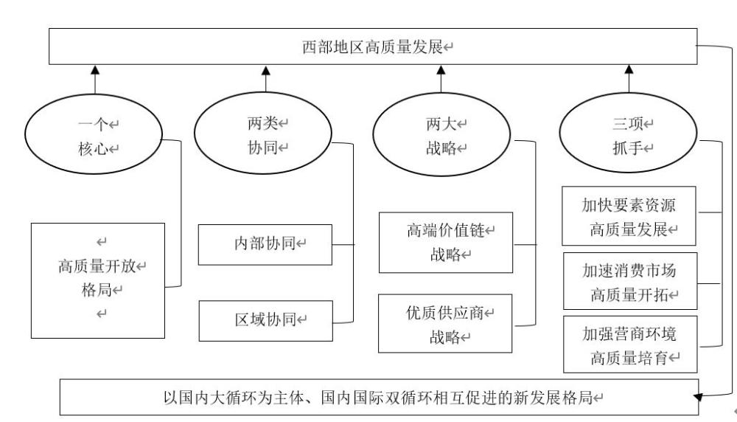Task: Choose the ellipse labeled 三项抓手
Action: tap(629, 135)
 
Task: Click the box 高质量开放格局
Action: tap(98, 280)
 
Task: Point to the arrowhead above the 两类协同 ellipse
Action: tap(266, 71)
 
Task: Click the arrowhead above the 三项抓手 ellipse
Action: tap(629, 71)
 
